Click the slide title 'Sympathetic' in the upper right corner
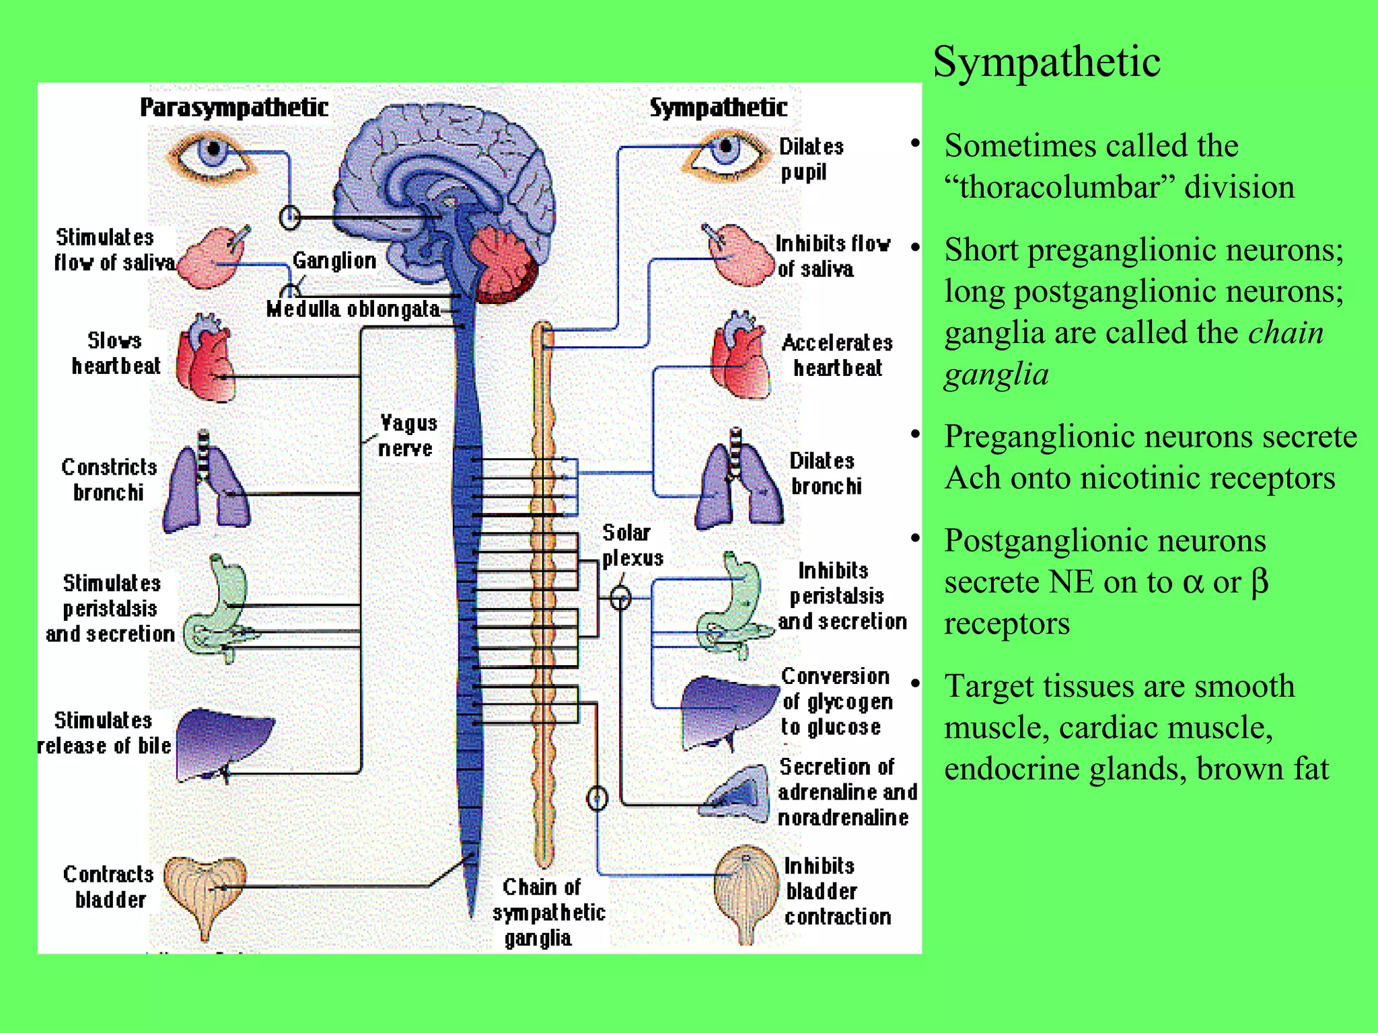(x=1046, y=62)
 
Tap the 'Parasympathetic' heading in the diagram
(x=233, y=108)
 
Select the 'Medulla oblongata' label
(x=353, y=309)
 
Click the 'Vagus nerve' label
(x=407, y=435)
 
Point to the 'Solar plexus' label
(x=631, y=545)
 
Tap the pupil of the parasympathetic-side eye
(x=214, y=149)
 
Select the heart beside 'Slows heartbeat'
(x=205, y=360)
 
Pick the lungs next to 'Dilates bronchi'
(x=739, y=481)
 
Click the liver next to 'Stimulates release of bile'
(x=222, y=743)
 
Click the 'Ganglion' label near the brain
(x=334, y=260)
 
